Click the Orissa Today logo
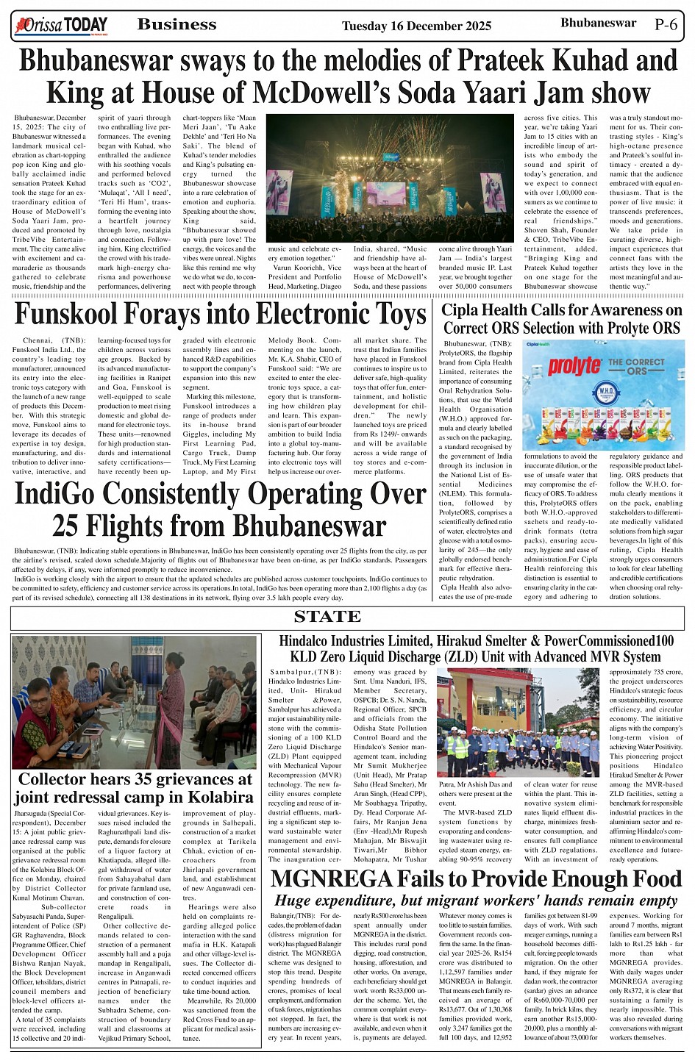(60, 26)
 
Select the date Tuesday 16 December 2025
(416, 26)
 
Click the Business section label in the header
(177, 25)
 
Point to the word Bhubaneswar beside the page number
(598, 23)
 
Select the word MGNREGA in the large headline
(332, 878)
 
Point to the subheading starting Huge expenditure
(476, 900)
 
